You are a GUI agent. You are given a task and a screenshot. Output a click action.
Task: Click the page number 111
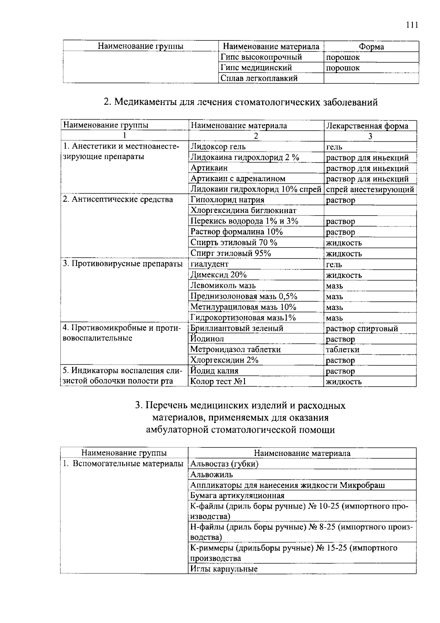(412, 25)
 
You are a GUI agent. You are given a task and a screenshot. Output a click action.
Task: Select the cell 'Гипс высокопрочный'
(261, 57)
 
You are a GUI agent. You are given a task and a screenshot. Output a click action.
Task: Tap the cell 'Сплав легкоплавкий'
(259, 78)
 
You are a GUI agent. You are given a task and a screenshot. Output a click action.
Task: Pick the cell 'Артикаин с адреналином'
(238, 179)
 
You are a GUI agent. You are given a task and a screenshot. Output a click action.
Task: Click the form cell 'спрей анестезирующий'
(370, 189)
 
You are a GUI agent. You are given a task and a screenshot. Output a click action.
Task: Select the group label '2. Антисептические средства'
(118, 200)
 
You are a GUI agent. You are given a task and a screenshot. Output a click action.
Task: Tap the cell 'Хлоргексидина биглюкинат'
(243, 210)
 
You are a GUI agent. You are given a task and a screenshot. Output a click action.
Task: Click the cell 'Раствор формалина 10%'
(236, 232)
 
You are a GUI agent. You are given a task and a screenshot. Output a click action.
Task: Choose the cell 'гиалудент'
(209, 264)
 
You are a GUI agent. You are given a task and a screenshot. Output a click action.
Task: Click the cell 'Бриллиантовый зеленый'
(237, 328)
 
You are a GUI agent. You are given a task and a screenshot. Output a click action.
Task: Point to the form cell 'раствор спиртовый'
(362, 329)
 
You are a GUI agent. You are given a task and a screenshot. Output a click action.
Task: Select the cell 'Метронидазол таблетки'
(235, 349)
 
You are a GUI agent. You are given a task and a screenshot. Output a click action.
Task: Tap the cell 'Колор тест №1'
(218, 381)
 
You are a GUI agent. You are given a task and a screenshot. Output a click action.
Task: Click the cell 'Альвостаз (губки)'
(224, 464)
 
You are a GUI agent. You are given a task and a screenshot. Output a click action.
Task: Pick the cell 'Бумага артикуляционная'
(237, 496)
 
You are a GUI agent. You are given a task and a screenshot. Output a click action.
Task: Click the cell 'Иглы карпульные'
(224, 569)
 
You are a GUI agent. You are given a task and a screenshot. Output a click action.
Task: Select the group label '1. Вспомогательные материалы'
(123, 464)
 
